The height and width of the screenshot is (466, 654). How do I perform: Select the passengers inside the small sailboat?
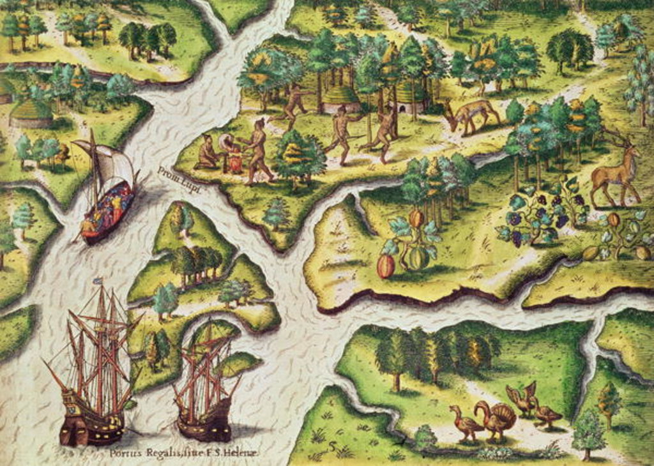pyautogui.click(x=115, y=204)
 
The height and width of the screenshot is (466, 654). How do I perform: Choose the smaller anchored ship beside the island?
pyautogui.click(x=204, y=389)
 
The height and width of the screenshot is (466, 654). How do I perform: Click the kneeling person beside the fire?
pyautogui.click(x=207, y=154)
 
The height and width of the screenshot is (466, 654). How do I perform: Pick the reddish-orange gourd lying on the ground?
pyautogui.click(x=386, y=266)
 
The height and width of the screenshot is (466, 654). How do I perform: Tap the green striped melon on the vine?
pyautogui.click(x=418, y=259)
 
